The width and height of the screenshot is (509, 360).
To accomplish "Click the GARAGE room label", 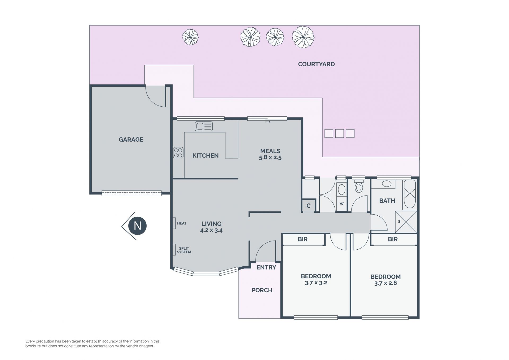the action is (x=131, y=140).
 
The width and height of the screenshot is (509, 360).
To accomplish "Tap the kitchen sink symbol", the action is (x=204, y=126).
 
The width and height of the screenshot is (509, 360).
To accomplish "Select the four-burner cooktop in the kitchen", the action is (x=178, y=153).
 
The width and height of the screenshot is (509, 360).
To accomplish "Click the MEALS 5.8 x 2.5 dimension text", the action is (x=270, y=157).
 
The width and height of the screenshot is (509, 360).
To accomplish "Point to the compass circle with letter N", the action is (x=137, y=226).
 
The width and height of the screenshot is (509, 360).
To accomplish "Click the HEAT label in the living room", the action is (x=182, y=223).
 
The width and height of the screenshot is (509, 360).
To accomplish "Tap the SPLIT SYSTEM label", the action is (x=184, y=250).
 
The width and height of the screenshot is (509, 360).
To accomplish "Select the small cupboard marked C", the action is (x=309, y=206).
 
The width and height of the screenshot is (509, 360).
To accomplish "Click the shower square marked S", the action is (x=406, y=222).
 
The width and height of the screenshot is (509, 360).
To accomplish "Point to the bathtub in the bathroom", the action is (x=410, y=194).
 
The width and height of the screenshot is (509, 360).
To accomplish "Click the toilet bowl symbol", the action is (x=359, y=186).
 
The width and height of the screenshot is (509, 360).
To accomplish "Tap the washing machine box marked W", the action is (x=342, y=204).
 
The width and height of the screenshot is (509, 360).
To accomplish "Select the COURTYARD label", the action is (x=316, y=64).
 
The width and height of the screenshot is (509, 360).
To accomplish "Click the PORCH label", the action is (x=262, y=290).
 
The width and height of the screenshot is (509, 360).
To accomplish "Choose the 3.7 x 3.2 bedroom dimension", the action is (x=316, y=283).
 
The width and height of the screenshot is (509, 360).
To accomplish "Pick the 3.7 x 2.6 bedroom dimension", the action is (x=385, y=283).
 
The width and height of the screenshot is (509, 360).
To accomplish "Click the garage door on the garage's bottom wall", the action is (x=131, y=193).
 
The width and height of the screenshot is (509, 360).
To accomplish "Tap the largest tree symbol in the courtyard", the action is (x=303, y=37).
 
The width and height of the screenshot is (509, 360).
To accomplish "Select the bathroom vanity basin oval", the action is (x=387, y=184).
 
